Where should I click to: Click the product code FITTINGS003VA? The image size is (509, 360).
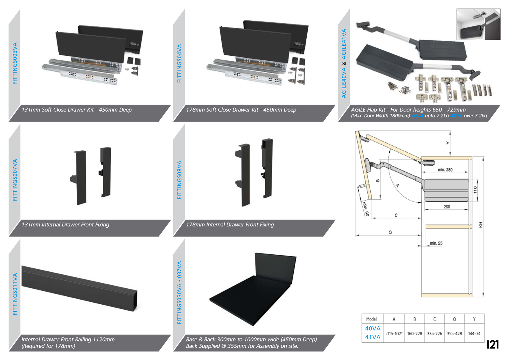click(15, 64)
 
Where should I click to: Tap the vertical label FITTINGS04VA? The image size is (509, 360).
click(179, 64)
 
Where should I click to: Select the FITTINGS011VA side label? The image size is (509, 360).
click(15, 294)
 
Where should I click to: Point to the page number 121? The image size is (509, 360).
click(492, 344)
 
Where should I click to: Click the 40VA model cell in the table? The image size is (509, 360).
click(373, 329)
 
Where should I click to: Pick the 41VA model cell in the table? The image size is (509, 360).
click(373, 337)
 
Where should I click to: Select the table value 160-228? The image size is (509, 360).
click(415, 334)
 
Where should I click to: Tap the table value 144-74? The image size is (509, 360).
click(474, 334)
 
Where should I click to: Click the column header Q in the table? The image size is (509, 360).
click(454, 319)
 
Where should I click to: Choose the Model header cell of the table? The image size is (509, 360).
click(371, 319)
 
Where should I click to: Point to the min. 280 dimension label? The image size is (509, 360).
click(445, 170)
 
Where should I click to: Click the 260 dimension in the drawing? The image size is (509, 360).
click(447, 207)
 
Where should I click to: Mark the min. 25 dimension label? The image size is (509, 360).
click(436, 243)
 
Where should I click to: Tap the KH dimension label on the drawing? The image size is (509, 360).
click(481, 225)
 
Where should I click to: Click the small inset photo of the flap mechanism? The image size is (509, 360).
click(478, 24)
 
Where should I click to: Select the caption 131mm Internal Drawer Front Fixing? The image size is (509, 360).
click(66, 225)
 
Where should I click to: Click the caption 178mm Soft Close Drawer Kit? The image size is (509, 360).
click(241, 110)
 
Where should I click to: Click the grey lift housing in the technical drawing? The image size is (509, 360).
click(446, 190)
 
